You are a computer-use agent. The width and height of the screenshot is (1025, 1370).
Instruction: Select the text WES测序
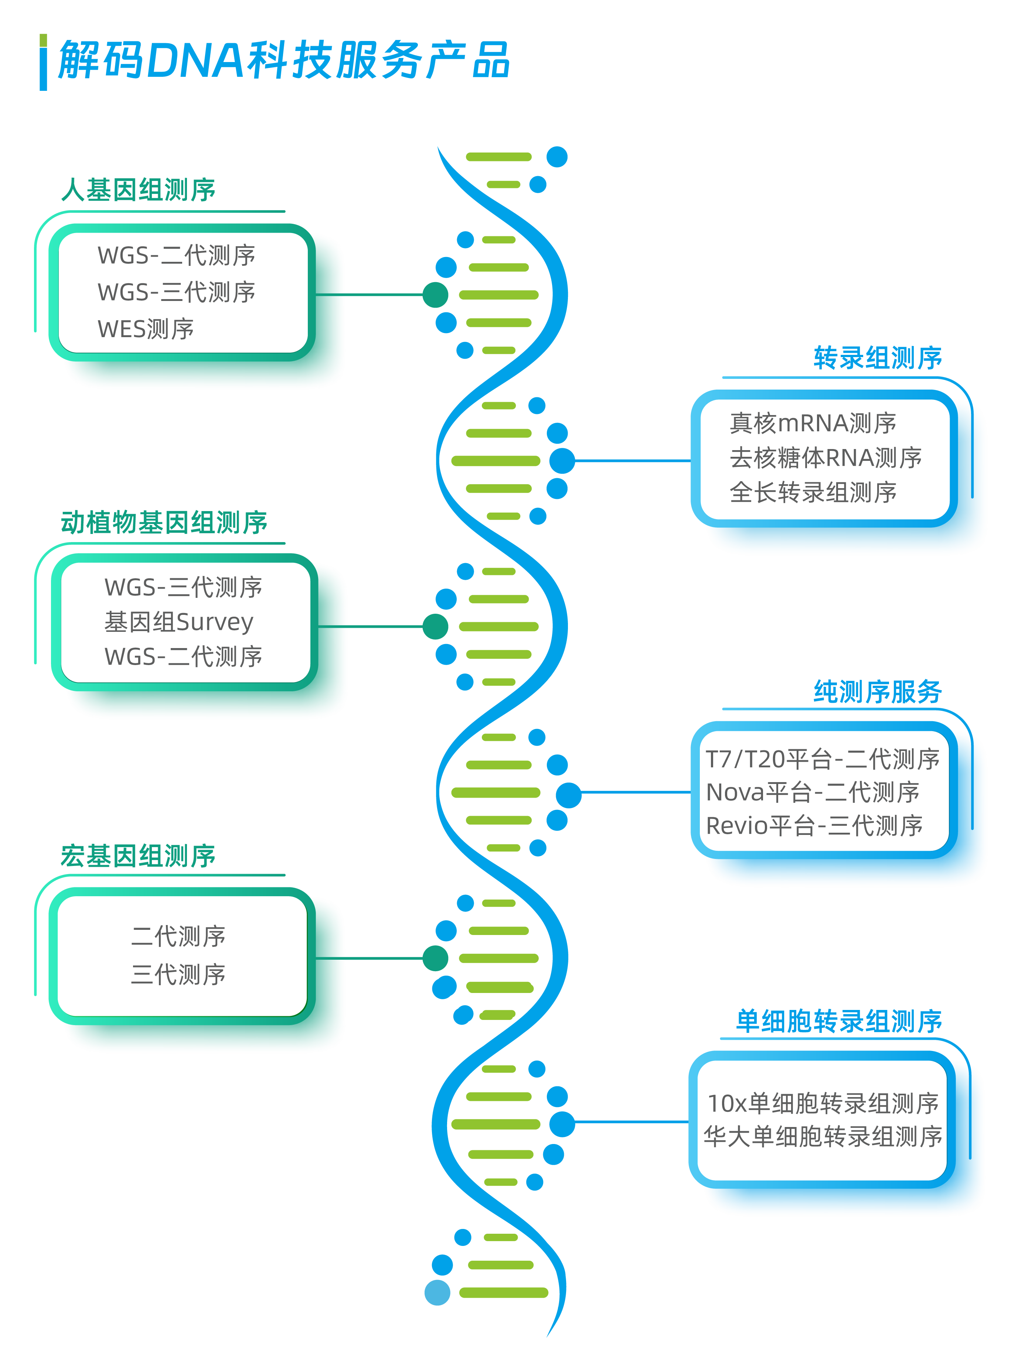146,329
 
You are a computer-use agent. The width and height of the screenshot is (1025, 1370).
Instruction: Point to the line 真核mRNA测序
813,424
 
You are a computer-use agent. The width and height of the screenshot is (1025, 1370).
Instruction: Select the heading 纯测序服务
878,692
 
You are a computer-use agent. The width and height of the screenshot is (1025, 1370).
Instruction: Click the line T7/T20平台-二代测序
823,759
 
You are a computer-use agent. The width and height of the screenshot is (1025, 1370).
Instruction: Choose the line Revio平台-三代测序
814,826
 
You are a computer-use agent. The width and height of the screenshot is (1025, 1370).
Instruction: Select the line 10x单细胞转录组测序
823,1104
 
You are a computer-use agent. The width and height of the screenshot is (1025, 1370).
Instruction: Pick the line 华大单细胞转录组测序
823,1137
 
